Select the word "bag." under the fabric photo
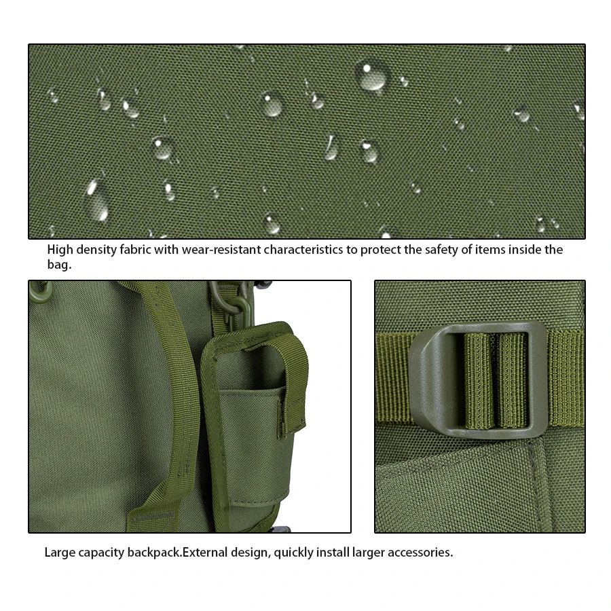[x=59, y=265]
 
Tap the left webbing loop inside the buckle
[x=478, y=381]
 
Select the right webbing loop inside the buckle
[x=512, y=381]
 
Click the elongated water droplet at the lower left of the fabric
[x=96, y=200]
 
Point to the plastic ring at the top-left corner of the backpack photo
[x=40, y=291]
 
